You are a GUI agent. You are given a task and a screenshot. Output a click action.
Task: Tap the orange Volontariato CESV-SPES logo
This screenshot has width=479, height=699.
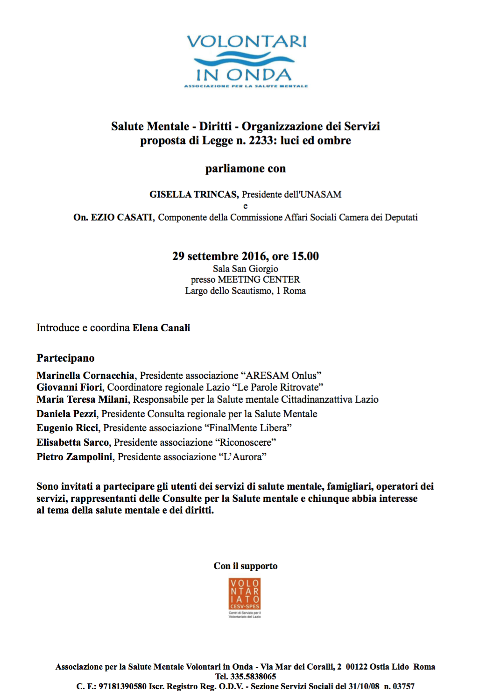[x=245, y=595]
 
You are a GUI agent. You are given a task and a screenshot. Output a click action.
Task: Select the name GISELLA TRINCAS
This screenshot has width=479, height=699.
[x=194, y=194]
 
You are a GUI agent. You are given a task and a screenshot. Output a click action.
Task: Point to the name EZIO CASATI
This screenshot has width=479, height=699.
[x=122, y=217]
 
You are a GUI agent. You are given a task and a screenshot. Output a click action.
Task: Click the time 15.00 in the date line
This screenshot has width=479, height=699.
[x=305, y=257]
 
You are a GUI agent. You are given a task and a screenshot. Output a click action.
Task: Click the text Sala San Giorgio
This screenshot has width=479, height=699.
[x=246, y=269]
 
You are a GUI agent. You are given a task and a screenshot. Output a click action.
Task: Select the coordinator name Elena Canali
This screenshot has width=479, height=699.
[x=161, y=328]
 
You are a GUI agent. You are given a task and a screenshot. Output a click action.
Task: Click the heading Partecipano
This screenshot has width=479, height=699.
[x=65, y=358]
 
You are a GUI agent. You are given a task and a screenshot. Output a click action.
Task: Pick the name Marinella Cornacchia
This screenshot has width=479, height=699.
[x=85, y=376]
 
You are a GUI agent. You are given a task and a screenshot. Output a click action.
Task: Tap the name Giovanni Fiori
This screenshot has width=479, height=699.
[x=69, y=387]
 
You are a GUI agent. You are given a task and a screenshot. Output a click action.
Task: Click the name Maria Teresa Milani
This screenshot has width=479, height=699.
[x=82, y=399]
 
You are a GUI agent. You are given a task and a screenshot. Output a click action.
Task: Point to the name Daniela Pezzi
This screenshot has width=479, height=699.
[x=66, y=414]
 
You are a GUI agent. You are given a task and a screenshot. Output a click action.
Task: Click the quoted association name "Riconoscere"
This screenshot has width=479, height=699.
[x=245, y=442]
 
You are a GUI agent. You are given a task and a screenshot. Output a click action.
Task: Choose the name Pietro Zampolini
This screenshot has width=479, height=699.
[x=75, y=457]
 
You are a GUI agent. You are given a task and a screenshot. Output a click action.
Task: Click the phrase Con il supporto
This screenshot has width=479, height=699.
[x=246, y=566]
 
